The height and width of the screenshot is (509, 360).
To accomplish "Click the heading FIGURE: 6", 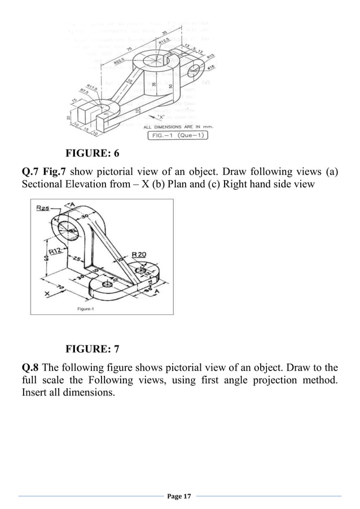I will (x=93, y=153).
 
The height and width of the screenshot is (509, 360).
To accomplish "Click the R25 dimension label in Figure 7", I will (x=43, y=209).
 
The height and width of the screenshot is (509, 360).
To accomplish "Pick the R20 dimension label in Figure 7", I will (x=139, y=254).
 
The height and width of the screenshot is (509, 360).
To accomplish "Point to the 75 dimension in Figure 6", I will (x=130, y=50).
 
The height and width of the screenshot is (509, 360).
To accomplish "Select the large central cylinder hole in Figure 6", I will (x=160, y=58).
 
